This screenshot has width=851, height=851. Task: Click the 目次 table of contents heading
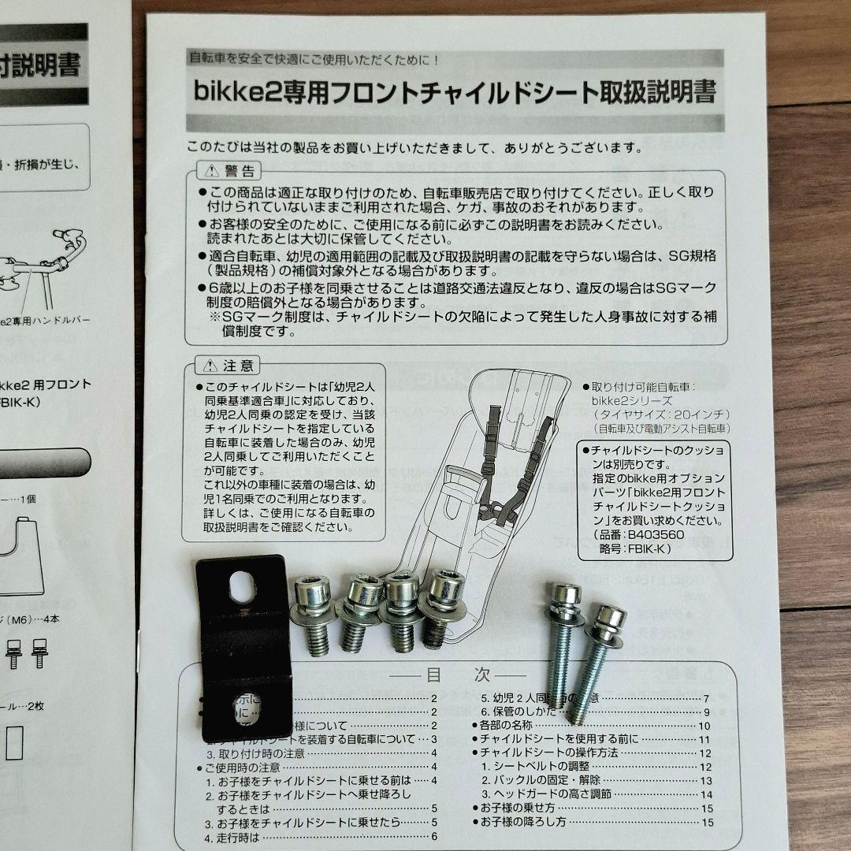[x=459, y=676]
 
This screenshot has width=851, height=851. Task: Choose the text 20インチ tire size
[x=703, y=414]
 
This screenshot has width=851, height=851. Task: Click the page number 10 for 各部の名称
[x=704, y=726]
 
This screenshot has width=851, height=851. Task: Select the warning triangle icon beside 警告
[x=210, y=171]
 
